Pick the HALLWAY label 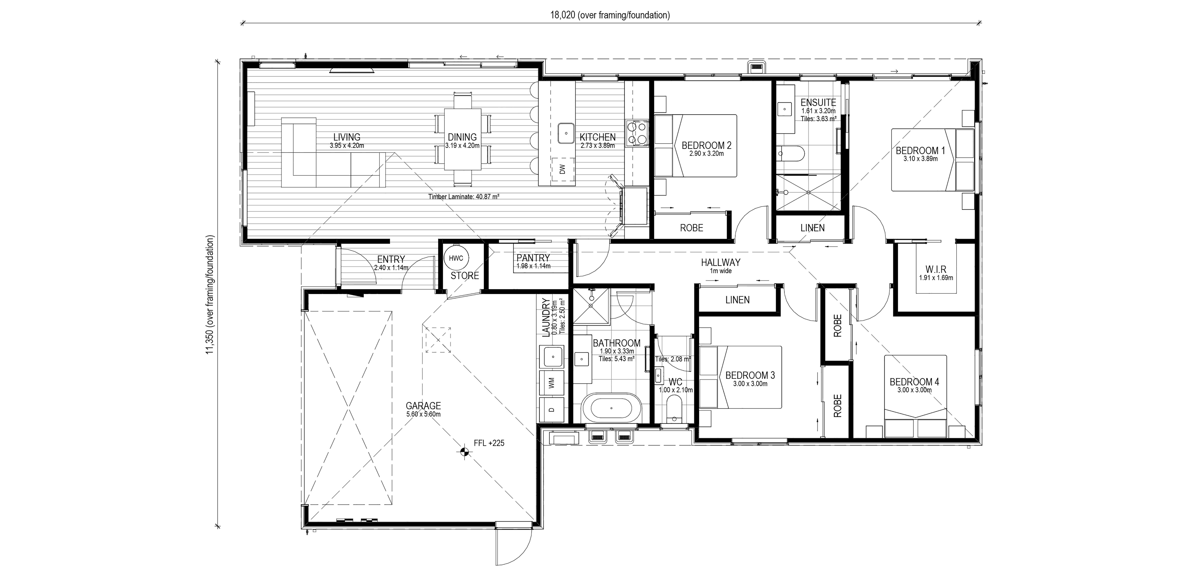click(720, 263)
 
